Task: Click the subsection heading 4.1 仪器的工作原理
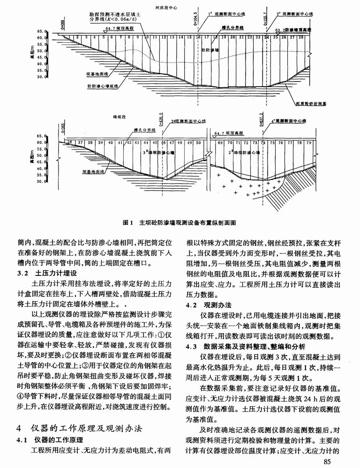[x=51, y=440]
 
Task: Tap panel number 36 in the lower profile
[x=69, y=141]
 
